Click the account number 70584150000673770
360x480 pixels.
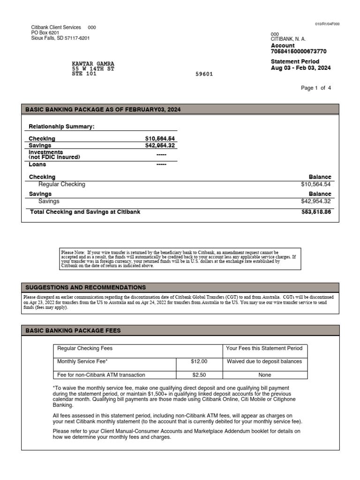pyautogui.click(x=299, y=52)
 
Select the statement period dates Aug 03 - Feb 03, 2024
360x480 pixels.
pyautogui.click(x=300, y=68)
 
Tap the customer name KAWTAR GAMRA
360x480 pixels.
pyautogui.click(x=93, y=64)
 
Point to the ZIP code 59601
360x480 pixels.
pyautogui.click(x=204, y=74)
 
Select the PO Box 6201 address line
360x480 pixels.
pyautogui.click(x=45, y=33)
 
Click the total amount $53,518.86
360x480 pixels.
pyautogui.click(x=316, y=212)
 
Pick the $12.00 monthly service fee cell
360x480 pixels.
pyautogui.click(x=199, y=361)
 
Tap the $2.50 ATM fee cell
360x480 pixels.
pyautogui.click(x=199, y=375)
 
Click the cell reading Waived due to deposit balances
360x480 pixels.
pyautogui.click(x=264, y=361)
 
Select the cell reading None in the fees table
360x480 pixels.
pyautogui.click(x=264, y=375)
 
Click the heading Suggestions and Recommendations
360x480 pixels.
pyautogui.click(x=85, y=287)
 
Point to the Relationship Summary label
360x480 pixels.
pyautogui.click(x=61, y=127)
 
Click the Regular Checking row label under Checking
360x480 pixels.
pyautogui.click(x=61, y=185)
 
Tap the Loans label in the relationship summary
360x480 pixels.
pyautogui.click(x=37, y=165)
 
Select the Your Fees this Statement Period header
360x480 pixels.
pyautogui.click(x=264, y=348)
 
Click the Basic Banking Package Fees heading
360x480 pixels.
pyautogui.click(x=73, y=330)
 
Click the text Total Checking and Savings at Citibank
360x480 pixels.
pyautogui.click(x=85, y=212)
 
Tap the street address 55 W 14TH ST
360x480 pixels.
pyautogui.click(x=93, y=69)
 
